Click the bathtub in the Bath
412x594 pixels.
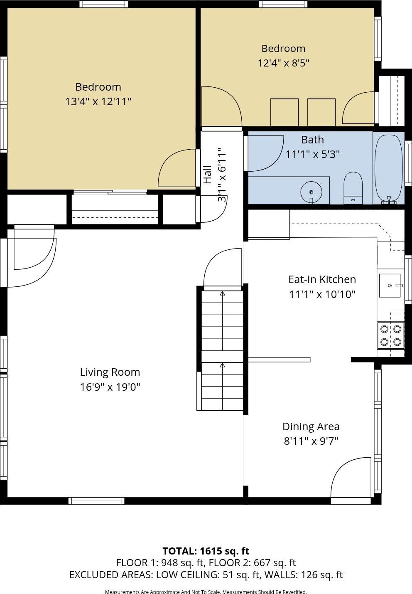(x=389, y=168)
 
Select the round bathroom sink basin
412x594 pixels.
(x=311, y=192)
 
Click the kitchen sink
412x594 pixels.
(x=390, y=286)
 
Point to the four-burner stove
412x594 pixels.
(x=390, y=335)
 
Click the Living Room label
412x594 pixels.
(x=110, y=372)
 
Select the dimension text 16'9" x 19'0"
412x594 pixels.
(x=110, y=387)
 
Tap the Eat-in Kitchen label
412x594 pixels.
(x=322, y=279)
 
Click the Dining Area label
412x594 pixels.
(x=311, y=426)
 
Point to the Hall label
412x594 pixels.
(x=207, y=175)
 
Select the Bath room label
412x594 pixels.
(x=312, y=140)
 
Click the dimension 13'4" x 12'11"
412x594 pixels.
(x=98, y=101)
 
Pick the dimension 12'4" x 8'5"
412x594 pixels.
(x=283, y=63)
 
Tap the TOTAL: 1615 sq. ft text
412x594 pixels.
(x=206, y=551)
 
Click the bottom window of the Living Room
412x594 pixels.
(x=96, y=501)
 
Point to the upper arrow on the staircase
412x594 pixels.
(x=222, y=294)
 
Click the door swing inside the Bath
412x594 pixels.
(x=266, y=153)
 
